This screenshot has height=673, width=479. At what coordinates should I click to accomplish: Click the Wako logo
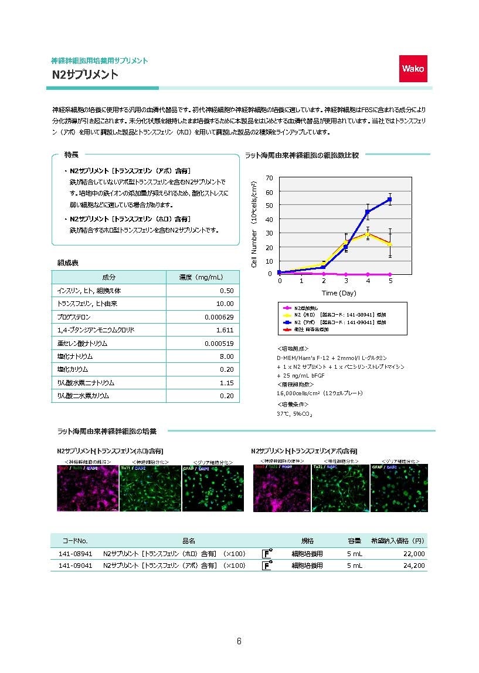point(413,69)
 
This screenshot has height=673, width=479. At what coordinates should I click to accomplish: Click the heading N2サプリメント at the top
point(85,75)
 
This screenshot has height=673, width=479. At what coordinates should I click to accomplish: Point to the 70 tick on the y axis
point(269,178)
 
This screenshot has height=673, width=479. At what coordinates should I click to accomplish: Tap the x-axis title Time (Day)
point(338,292)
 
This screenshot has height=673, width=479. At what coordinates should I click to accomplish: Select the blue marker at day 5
point(390,200)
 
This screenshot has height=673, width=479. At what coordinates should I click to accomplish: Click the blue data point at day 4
point(368,212)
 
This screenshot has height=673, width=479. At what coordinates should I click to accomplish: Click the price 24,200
point(413,566)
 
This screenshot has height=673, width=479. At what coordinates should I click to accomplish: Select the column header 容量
point(355,540)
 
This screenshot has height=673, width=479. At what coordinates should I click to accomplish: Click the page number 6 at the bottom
point(239,641)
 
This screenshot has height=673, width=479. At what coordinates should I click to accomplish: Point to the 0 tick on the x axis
point(280,281)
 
